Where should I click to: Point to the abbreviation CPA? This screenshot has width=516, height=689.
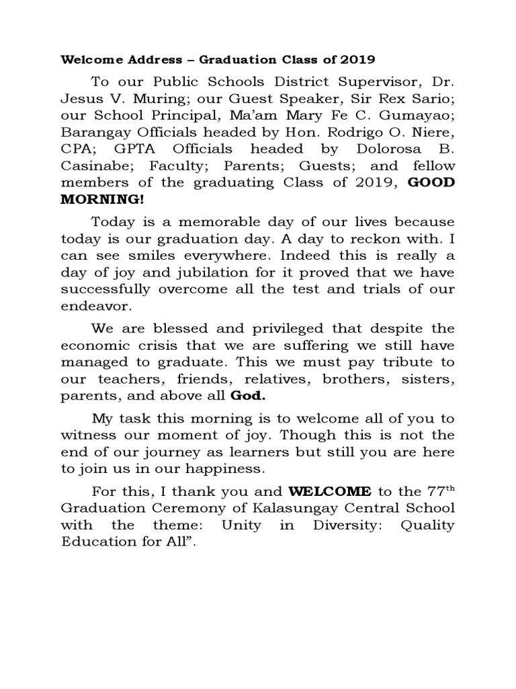[x=77, y=149]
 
